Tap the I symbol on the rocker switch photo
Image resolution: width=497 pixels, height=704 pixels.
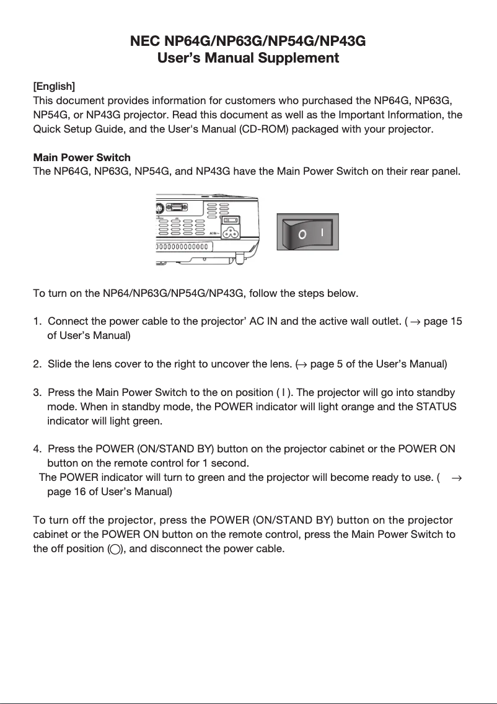tap(323, 232)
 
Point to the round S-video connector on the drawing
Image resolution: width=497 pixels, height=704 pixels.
tap(159, 209)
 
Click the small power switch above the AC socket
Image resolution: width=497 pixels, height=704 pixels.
tap(231, 219)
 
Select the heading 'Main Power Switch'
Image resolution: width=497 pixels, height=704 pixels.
tap(81, 157)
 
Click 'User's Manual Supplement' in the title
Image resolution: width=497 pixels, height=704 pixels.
tap(248, 58)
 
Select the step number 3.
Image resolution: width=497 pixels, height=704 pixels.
tap(37, 393)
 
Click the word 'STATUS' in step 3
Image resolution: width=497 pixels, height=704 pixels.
tap(438, 407)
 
